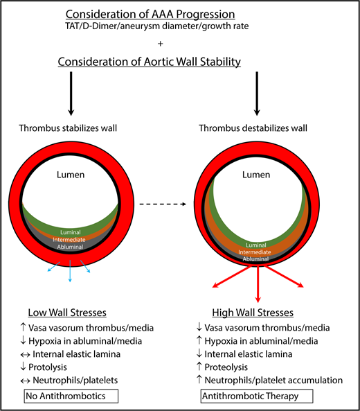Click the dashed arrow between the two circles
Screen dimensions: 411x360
(168, 204)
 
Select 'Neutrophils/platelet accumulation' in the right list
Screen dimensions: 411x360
(273, 380)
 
